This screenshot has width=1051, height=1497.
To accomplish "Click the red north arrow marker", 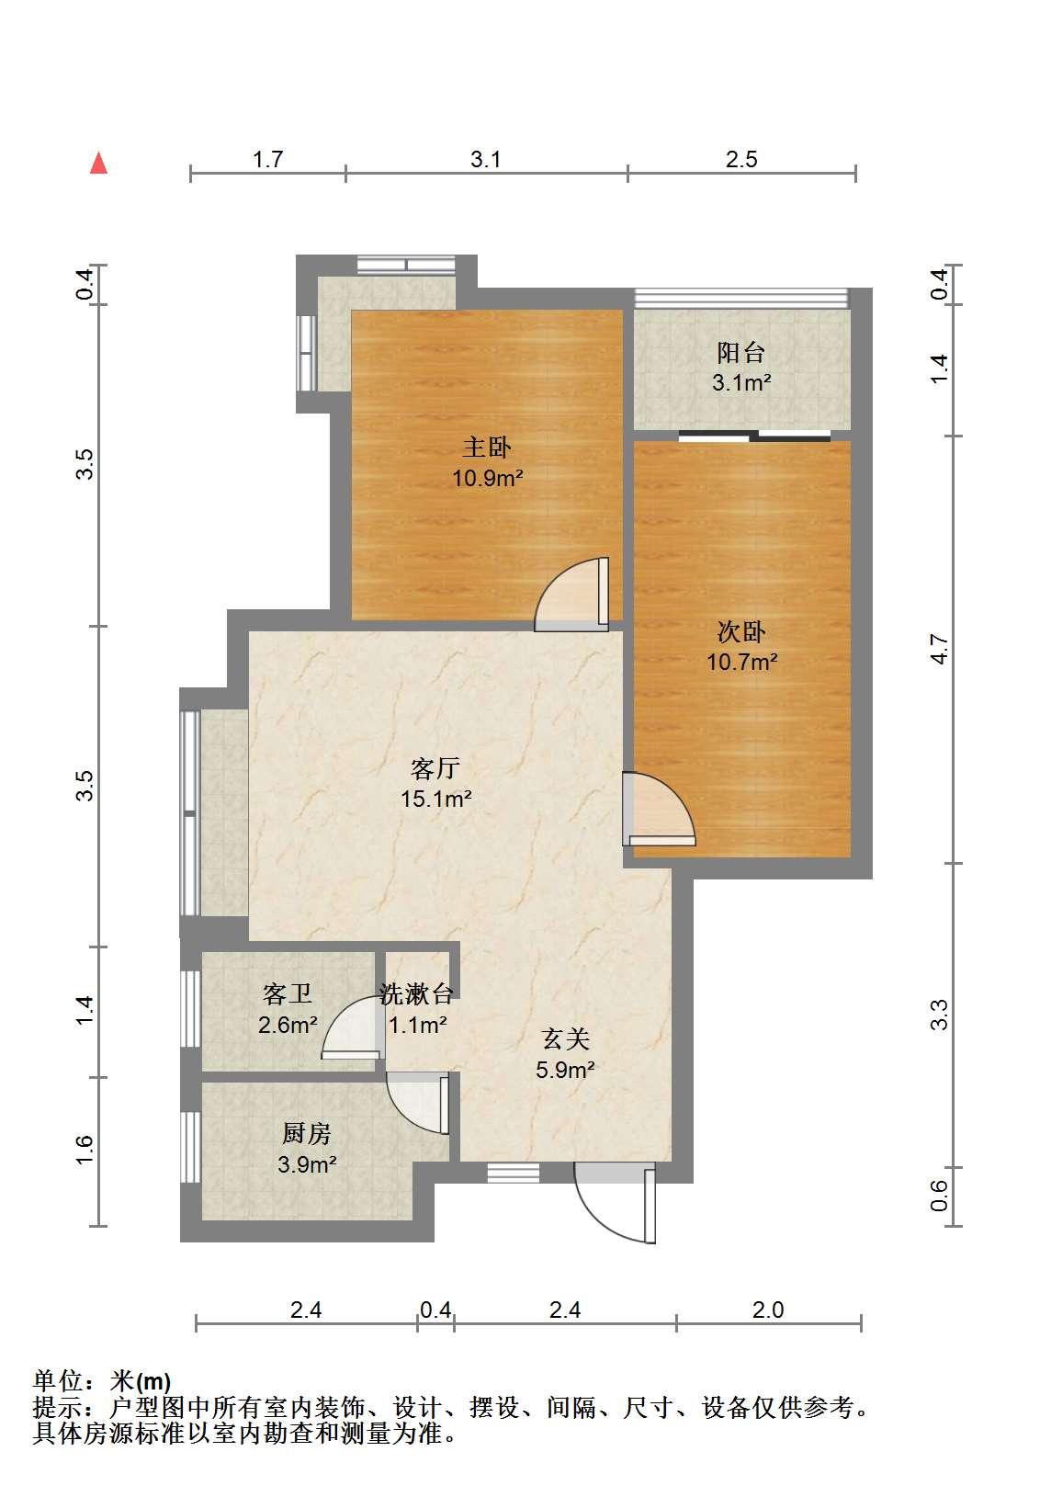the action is pos(99,163).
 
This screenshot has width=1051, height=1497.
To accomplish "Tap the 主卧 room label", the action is pos(487,448).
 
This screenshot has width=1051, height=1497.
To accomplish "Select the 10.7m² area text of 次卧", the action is pos(741,662).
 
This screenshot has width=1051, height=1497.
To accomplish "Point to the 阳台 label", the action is pos(741,352).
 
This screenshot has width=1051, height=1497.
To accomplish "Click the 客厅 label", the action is pos(435,768).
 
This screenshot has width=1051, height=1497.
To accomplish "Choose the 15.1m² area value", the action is pos(436,799).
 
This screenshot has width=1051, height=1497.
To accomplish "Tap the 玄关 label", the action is pos(565,1039).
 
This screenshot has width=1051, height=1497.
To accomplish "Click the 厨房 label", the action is pos(307,1133).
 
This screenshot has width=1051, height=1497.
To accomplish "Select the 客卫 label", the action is pos(288,993).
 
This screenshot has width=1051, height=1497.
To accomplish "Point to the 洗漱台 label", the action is pos(417,993).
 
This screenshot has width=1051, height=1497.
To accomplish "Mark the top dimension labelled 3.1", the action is pos(486,160).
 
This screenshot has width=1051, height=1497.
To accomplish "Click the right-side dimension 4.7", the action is pos(940,649).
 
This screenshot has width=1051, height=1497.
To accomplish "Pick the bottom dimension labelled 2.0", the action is pos(768,1310).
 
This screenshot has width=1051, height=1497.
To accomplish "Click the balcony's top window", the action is pos(741,298).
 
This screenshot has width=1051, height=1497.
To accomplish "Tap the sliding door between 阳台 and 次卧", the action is pos(754,437).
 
